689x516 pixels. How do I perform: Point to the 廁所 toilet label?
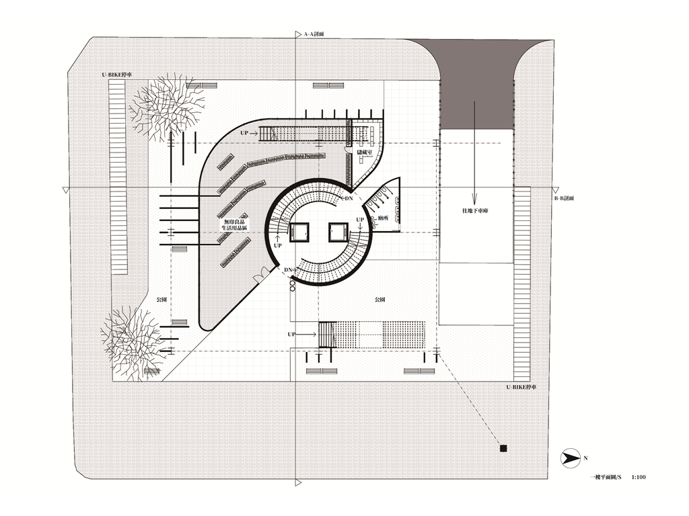pyautogui.click(x=385, y=218)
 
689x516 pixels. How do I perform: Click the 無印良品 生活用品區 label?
pyautogui.click(x=236, y=225)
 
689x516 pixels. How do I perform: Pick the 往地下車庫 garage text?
pyautogui.click(x=474, y=211)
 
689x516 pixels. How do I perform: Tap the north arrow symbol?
pyautogui.click(x=571, y=458)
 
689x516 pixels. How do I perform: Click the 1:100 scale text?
pyautogui.click(x=639, y=478)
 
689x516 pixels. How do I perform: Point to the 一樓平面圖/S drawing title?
pyautogui.click(x=606, y=478)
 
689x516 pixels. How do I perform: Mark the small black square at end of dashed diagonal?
pyautogui.click(x=502, y=448)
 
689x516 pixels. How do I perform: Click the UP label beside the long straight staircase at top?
pyautogui.click(x=246, y=134)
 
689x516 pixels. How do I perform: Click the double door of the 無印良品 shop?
pyautogui.click(x=259, y=277)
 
